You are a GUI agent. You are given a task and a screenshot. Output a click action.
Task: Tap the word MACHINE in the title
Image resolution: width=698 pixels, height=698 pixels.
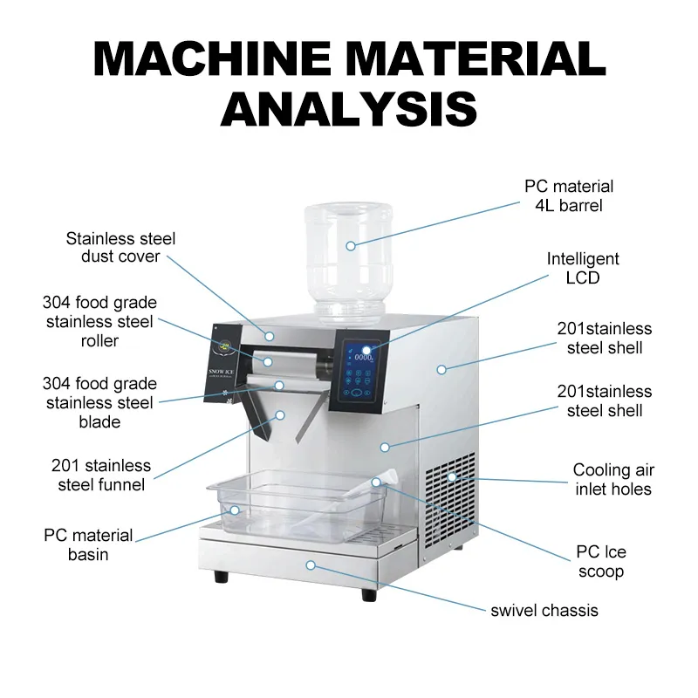(215, 60)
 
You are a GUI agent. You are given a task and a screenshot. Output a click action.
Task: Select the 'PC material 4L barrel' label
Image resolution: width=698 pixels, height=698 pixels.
(568, 196)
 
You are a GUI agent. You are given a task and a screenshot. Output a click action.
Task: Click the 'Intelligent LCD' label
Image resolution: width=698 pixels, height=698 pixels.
(582, 269)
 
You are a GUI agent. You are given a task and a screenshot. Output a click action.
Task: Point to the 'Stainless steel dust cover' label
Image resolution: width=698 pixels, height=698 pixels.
(120, 247)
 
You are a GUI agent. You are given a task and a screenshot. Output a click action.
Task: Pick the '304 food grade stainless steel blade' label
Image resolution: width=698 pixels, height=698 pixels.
(99, 402)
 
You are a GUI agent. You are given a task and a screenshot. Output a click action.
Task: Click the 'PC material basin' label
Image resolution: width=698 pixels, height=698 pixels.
(88, 544)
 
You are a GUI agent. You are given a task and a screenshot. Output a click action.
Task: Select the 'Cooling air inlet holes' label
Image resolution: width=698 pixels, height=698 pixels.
(612, 480)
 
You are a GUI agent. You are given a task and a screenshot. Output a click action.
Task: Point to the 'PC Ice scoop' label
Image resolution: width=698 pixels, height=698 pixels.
(600, 562)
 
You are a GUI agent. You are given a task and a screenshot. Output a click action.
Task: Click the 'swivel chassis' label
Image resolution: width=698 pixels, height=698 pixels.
(544, 610)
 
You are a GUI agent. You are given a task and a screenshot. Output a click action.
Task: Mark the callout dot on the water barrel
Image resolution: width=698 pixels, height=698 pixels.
(350, 246)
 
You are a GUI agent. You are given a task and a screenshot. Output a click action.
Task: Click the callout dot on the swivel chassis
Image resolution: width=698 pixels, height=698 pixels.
(309, 565)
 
